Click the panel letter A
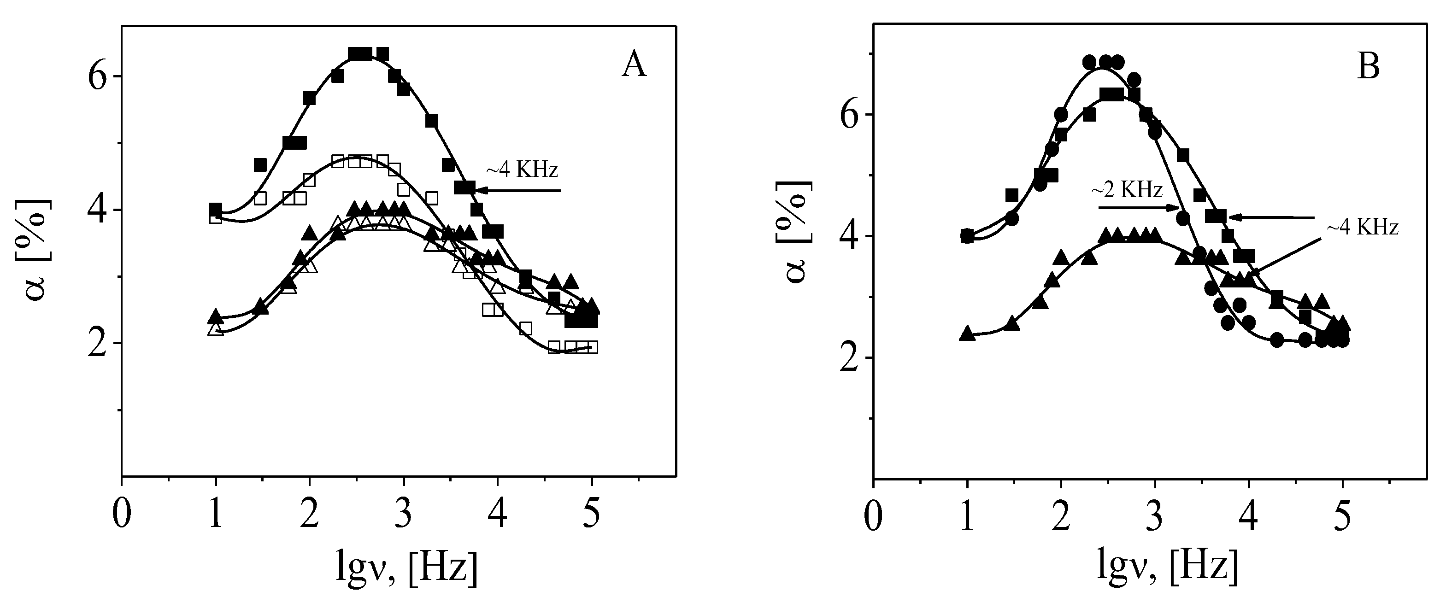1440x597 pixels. click(x=634, y=67)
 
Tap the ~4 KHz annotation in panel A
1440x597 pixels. click(x=522, y=170)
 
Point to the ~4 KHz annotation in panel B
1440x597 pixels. click(x=1362, y=228)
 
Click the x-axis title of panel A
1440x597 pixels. click(x=407, y=565)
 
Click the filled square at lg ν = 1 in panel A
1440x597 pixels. click(x=216, y=209)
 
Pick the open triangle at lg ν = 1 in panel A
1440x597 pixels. click(x=216, y=329)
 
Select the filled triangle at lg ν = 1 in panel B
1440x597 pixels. click(x=967, y=333)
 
